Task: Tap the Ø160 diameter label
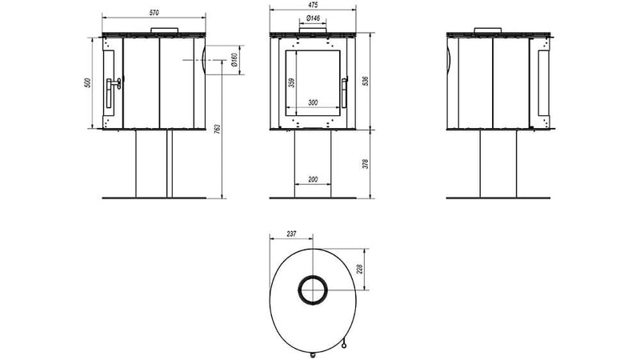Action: [x=232, y=60]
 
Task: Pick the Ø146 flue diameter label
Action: [x=313, y=18]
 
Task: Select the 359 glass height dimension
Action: [x=290, y=82]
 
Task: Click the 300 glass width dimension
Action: [x=313, y=102]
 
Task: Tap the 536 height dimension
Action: [x=365, y=82]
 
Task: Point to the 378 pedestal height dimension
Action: [x=365, y=164]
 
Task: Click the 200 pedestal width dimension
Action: [x=313, y=180]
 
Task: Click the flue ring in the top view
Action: [x=313, y=290]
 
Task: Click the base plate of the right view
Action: [x=498, y=198]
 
